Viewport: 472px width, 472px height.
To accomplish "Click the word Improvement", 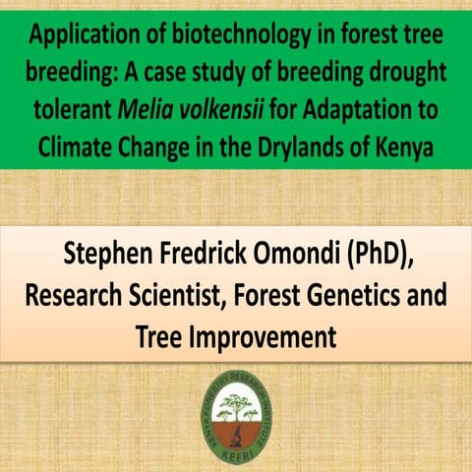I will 271,336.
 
